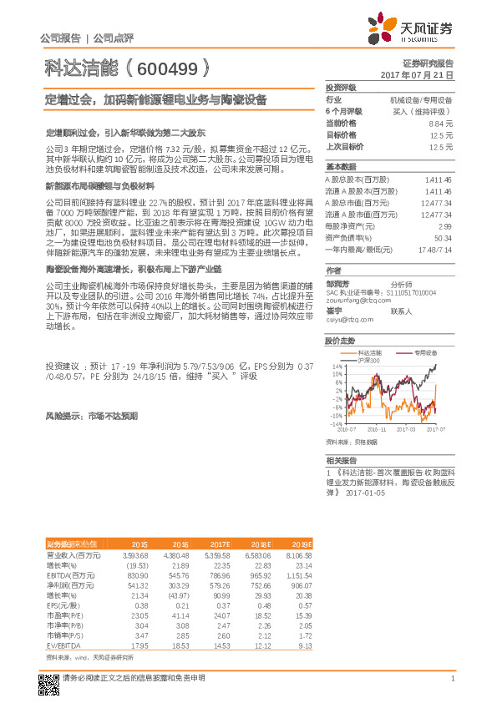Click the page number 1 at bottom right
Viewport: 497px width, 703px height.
coord(451,678)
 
